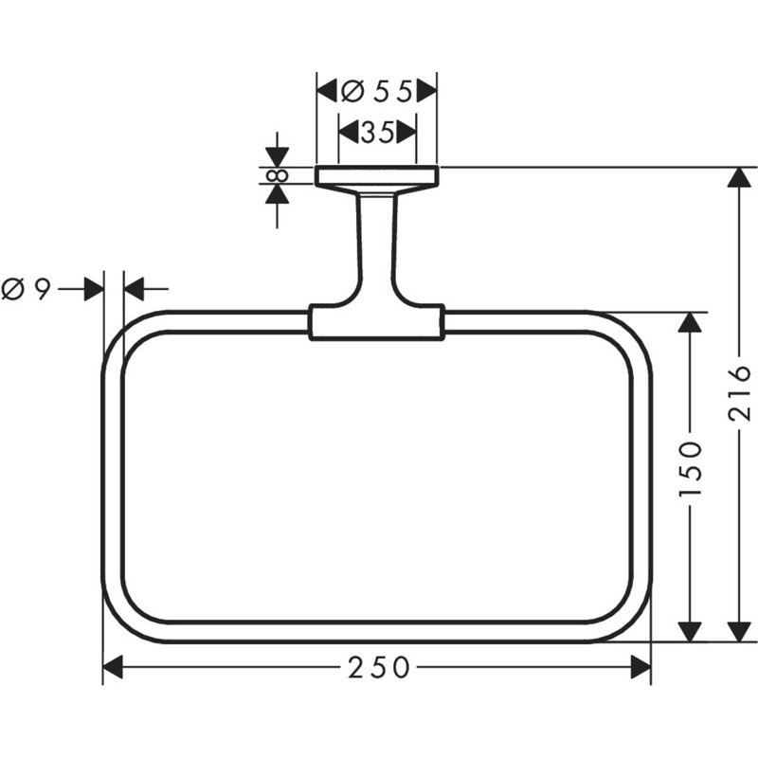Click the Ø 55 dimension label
tap(376, 91)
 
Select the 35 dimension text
tap(377, 132)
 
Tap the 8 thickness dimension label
tap(278, 175)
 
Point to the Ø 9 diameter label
tap(26, 290)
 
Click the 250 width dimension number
tap(378, 668)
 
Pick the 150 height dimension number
tap(690, 468)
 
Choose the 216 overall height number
tap(739, 393)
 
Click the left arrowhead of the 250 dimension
tap(113, 668)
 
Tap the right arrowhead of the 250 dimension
tap(641, 668)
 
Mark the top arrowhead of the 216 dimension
tap(739, 177)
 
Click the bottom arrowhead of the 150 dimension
tap(690, 632)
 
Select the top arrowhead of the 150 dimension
tap(690, 322)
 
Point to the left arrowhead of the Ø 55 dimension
tap(327, 91)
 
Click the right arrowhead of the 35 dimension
tap(406, 132)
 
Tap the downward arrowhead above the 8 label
tap(277, 157)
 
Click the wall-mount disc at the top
tap(377, 176)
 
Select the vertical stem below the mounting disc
tap(377, 246)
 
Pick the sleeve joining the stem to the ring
tap(376, 322)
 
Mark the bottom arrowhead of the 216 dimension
tap(739, 632)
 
